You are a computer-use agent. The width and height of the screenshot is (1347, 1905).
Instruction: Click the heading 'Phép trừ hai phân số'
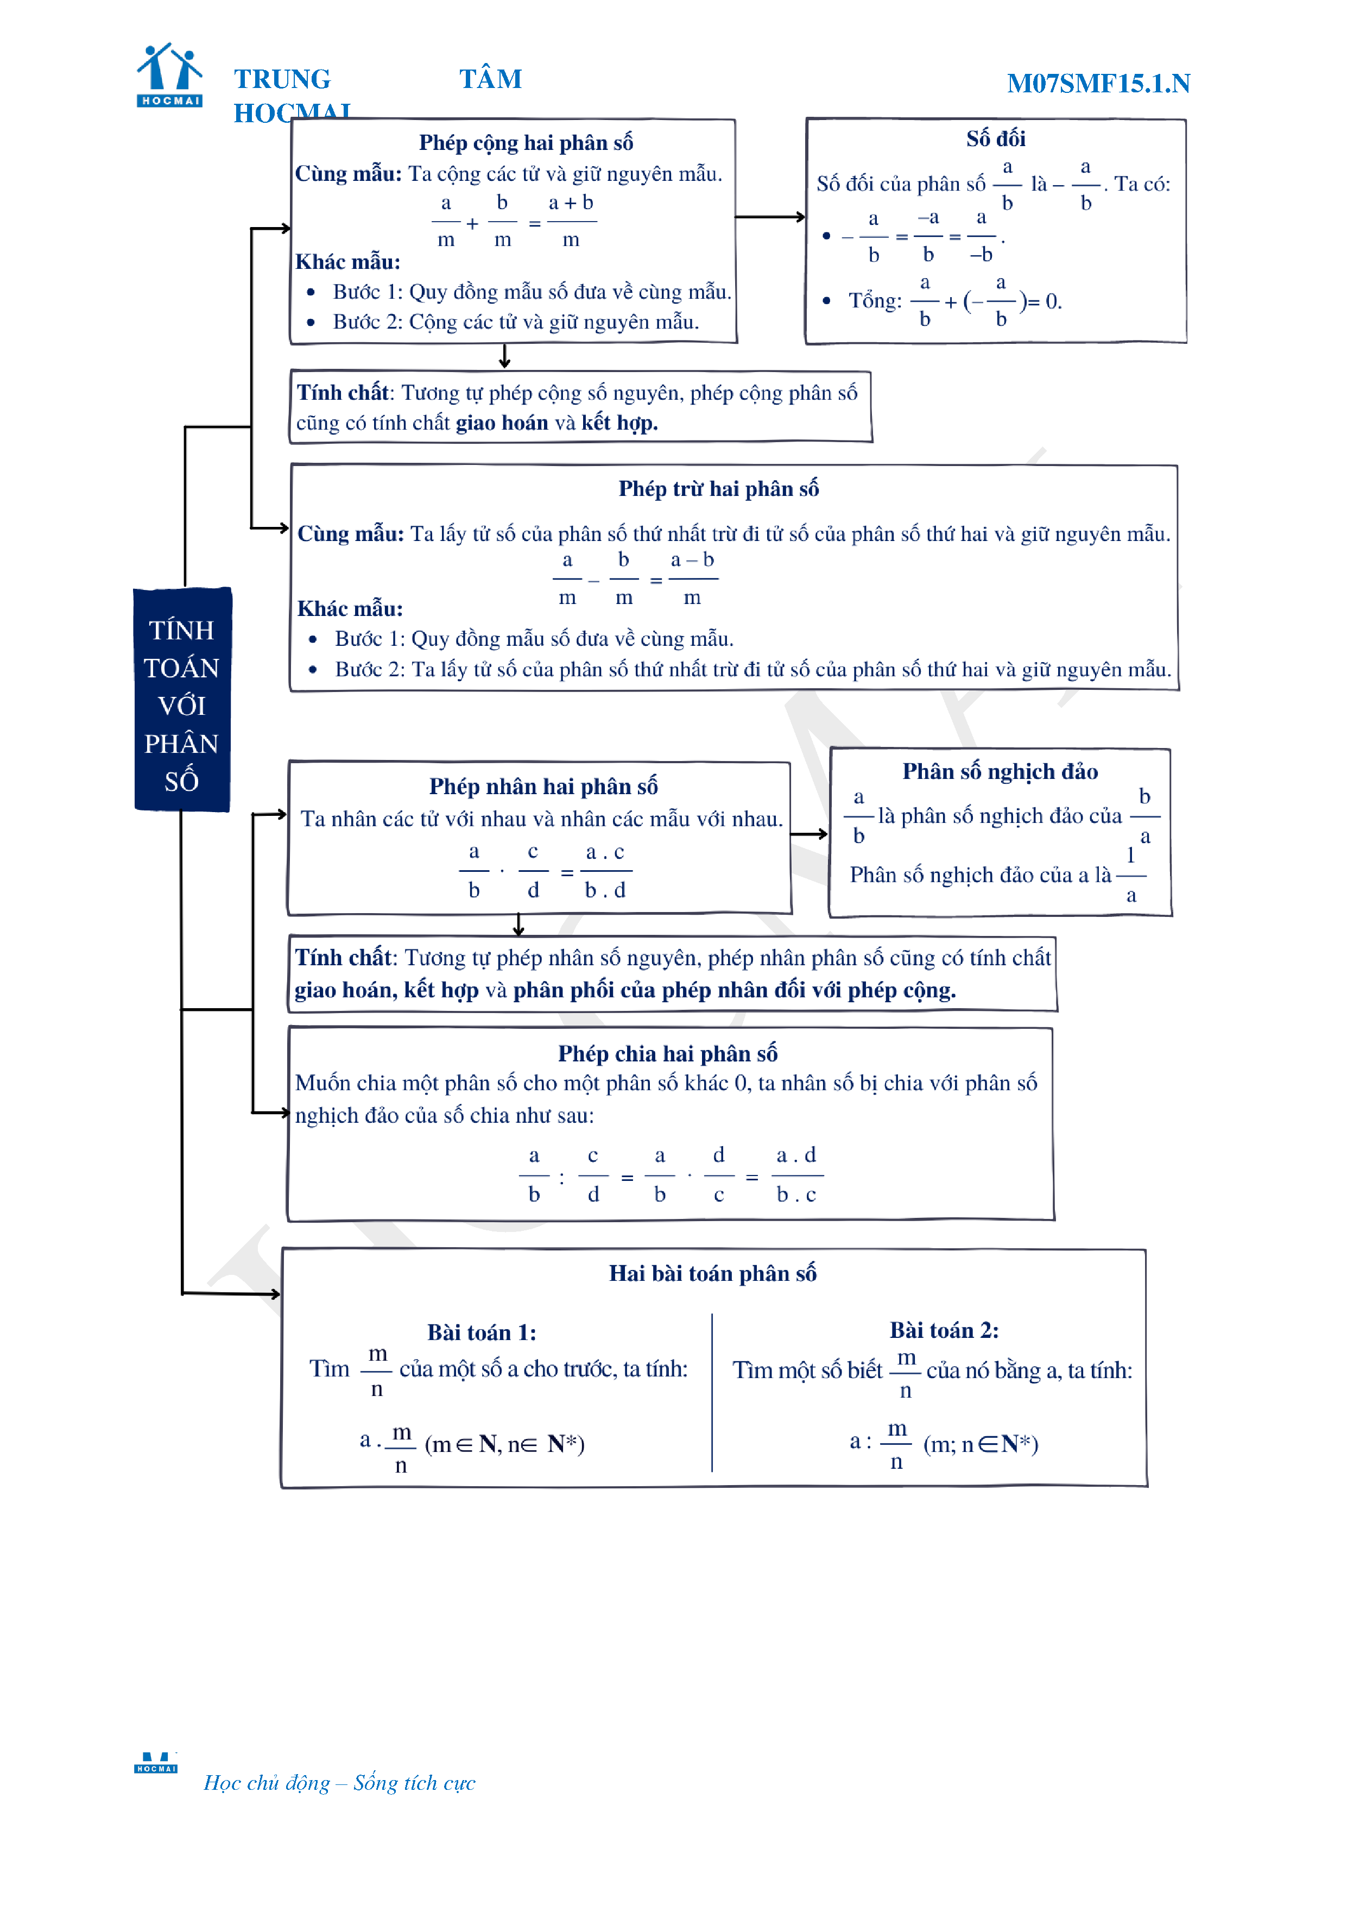coord(718,489)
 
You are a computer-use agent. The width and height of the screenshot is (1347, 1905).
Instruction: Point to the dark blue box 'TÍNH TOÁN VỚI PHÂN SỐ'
coord(182,700)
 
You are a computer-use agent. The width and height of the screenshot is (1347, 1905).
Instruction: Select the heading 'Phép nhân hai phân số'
coord(543,785)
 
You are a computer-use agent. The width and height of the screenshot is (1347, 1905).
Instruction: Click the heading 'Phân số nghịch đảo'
coord(1000,772)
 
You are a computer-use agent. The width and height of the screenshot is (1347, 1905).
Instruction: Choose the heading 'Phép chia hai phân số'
coord(668,1054)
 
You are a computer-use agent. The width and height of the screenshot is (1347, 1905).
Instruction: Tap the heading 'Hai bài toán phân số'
coord(712,1274)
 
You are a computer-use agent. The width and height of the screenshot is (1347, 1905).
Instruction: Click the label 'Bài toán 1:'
coord(481,1332)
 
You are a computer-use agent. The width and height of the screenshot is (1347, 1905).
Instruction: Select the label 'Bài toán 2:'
coord(944,1330)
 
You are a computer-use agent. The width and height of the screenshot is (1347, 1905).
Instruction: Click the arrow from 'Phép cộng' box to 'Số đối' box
coord(770,217)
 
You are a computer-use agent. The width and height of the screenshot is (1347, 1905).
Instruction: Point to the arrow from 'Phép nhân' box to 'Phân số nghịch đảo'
coord(810,834)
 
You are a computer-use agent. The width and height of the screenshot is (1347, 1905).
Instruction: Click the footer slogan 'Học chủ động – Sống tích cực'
coord(339,1782)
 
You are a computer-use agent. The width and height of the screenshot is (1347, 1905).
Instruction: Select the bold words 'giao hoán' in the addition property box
coord(502,423)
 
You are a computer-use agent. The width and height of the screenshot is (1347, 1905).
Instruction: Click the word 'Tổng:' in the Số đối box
coord(874,301)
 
